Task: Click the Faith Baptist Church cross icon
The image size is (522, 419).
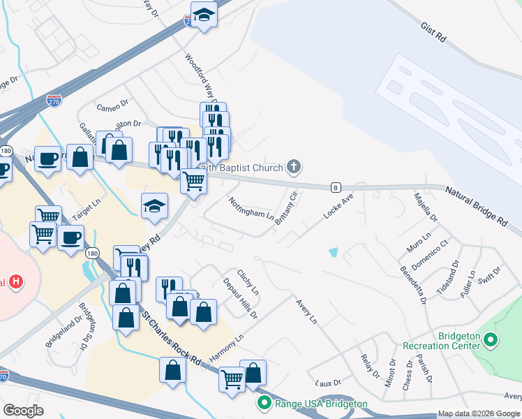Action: coord(294,167)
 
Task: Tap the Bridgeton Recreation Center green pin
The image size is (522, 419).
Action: coord(491,341)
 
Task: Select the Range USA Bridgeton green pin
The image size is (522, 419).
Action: coord(264,403)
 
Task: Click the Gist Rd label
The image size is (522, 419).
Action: coord(433,32)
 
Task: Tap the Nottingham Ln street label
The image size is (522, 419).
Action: coord(251,207)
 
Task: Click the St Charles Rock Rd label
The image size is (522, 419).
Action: coord(172,338)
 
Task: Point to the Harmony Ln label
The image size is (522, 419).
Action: coord(226,347)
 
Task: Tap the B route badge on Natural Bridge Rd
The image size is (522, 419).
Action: coord(336,187)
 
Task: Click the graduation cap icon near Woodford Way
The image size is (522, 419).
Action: coord(204,14)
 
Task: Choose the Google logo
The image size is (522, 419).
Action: coord(24,411)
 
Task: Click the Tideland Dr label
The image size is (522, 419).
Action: coord(450,275)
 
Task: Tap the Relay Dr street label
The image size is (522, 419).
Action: coord(364,365)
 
